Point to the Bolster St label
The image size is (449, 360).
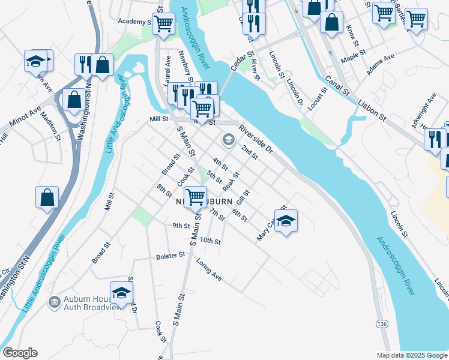click(170, 256)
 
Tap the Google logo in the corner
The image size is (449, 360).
click(20, 353)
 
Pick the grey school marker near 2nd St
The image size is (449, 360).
click(228, 140)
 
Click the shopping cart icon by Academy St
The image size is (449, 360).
click(163, 24)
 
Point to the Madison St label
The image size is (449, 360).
click(51, 127)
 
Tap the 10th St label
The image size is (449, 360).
click(211, 241)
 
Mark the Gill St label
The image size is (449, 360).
click(243, 196)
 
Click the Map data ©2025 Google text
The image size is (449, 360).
click(411, 355)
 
